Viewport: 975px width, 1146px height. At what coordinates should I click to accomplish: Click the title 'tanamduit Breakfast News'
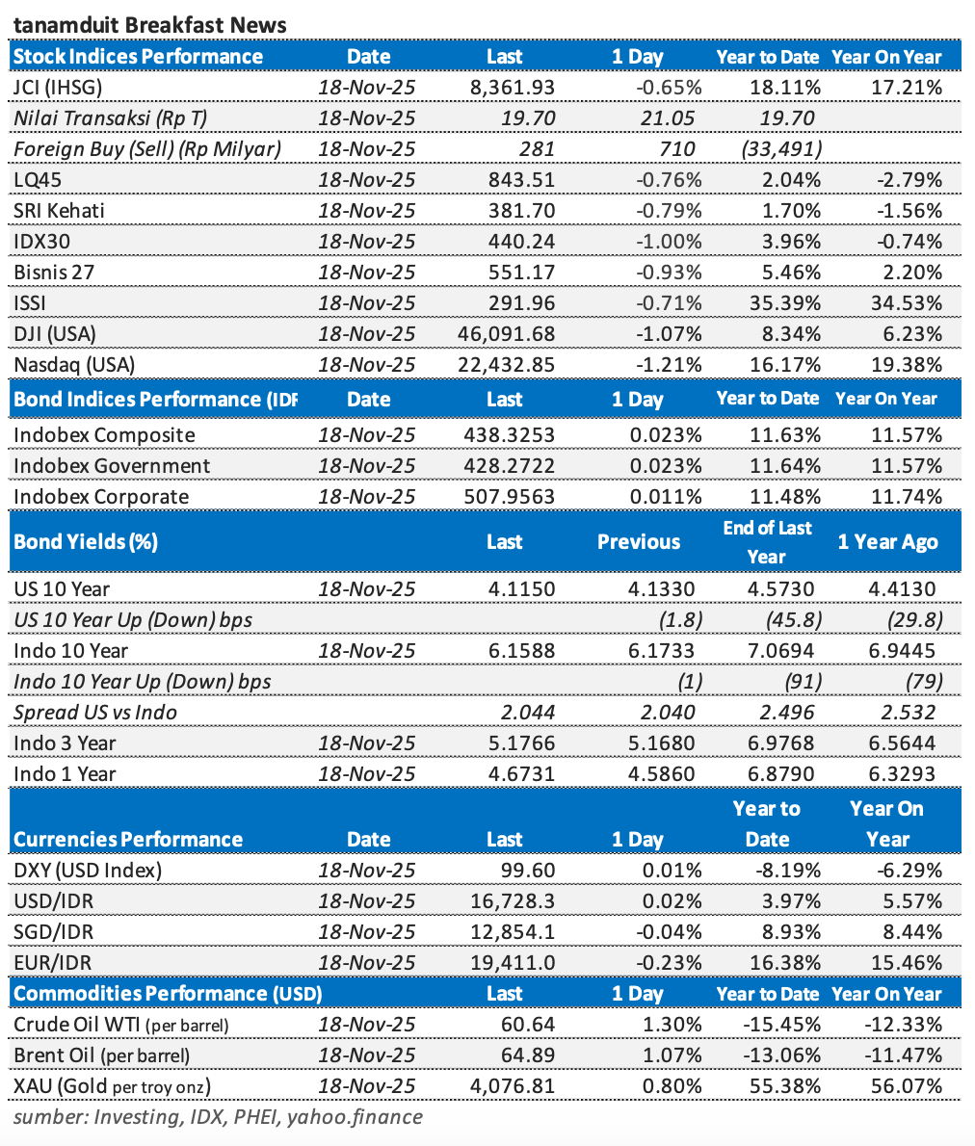pos(149,24)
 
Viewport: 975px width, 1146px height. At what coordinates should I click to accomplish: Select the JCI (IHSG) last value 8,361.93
pos(512,88)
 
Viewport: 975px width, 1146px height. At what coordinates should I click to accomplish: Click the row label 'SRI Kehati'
pos(59,211)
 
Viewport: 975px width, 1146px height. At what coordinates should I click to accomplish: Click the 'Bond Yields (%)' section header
pos(86,541)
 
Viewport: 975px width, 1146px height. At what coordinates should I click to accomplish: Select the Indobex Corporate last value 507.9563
pos(510,497)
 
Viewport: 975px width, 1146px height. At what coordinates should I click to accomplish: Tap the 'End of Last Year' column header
pos(767,541)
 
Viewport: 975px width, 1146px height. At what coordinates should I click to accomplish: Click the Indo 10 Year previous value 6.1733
pos(660,651)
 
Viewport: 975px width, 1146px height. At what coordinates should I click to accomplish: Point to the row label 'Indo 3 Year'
pos(65,743)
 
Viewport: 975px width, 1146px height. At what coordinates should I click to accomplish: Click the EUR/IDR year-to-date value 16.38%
pos(785,963)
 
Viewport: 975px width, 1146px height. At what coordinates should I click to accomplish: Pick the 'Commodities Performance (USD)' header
pos(168,994)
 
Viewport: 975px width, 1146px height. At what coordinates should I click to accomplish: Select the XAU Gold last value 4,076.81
pos(512,1086)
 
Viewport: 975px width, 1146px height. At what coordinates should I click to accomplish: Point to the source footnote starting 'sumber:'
pos(218,1117)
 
